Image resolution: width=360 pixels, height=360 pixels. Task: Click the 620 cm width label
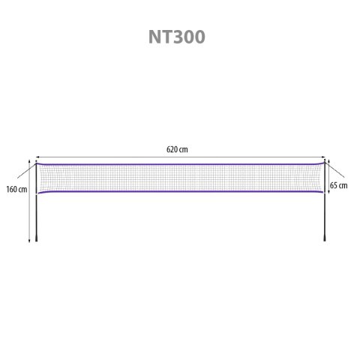[177, 149]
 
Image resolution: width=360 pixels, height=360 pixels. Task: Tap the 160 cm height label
[16, 189]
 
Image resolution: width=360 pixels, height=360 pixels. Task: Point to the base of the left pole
[35, 240]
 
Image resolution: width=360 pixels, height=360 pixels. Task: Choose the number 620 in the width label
[172, 149]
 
